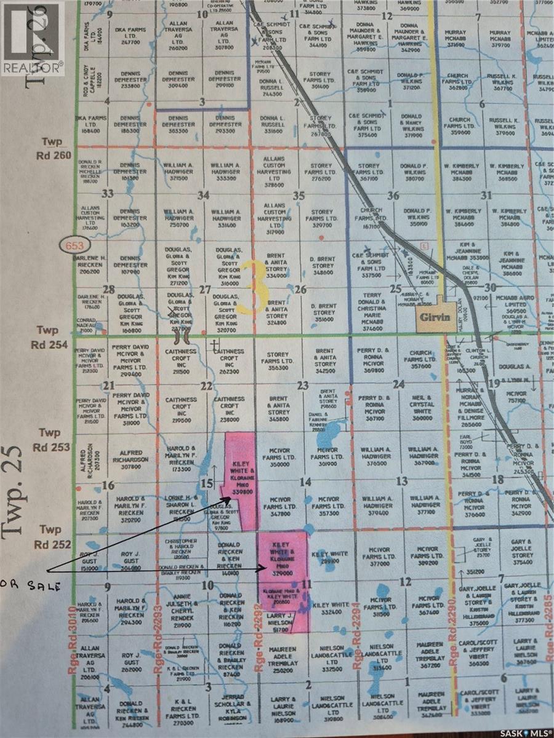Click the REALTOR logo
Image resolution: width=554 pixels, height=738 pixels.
tap(32, 38)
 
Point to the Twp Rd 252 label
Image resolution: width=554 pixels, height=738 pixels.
tap(49, 536)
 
